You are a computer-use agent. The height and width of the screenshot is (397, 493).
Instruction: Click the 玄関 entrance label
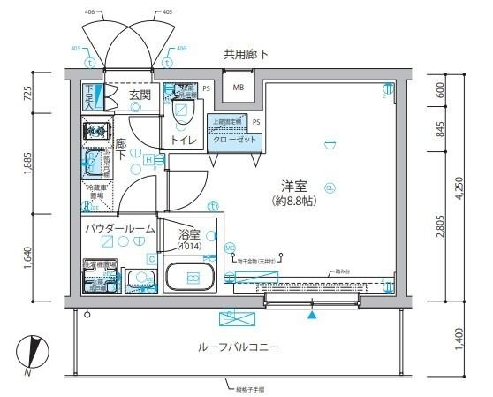click(140, 95)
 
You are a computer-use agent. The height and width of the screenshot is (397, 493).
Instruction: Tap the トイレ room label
click(183, 139)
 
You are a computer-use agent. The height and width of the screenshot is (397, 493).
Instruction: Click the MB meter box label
click(239, 88)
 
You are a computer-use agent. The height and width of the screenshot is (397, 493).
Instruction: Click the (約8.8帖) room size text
click(294, 202)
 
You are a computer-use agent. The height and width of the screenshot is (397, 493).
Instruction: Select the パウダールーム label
click(119, 229)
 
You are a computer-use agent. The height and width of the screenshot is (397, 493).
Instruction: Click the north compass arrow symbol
click(33, 351)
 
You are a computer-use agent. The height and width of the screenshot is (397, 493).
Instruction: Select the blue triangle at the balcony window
click(311, 314)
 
